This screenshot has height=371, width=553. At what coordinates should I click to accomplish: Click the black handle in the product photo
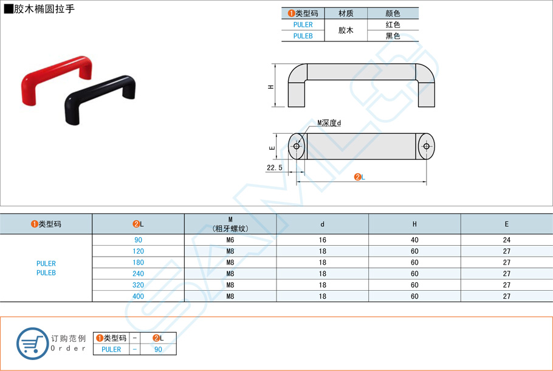tap(100, 90)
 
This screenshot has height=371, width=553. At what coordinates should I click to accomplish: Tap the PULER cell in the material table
tap(303, 25)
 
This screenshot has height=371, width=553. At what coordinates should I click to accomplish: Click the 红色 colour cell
tap(393, 25)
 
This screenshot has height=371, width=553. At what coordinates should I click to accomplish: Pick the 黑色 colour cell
tap(393, 36)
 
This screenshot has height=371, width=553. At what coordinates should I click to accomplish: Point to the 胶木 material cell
tap(346, 30)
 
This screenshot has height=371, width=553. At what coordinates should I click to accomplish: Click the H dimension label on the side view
tap(271, 86)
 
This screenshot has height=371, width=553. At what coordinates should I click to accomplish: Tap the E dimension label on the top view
tap(273, 147)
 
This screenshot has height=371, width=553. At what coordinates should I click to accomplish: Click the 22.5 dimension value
tap(275, 167)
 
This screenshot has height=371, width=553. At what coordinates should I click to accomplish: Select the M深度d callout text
tap(329, 123)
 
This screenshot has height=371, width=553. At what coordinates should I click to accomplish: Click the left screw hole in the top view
tap(297, 147)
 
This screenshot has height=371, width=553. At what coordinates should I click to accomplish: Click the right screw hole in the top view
tap(426, 147)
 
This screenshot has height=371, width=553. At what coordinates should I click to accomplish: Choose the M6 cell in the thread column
tap(230, 240)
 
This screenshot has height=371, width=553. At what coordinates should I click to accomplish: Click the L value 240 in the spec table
tap(138, 274)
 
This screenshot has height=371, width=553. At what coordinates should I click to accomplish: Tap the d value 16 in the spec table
tap(322, 240)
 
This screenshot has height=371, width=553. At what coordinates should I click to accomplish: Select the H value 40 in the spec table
tap(414, 240)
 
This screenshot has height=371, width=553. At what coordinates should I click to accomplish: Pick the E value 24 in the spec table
tap(506, 240)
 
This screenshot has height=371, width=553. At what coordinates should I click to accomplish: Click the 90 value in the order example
tap(158, 350)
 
